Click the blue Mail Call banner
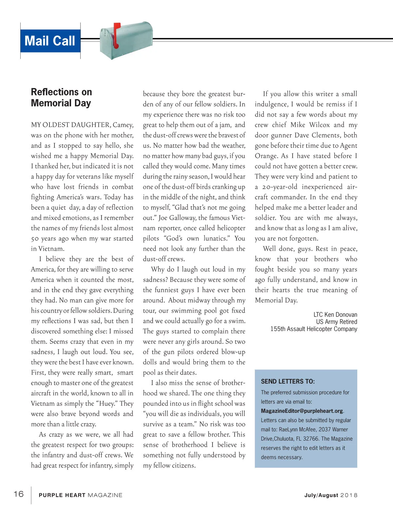[x=50, y=41]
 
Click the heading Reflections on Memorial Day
[x=61, y=98]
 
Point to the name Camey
[x=123, y=125]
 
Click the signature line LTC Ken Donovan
[x=335, y=315]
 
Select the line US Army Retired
[x=336, y=322]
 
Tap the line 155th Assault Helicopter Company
[x=313, y=329]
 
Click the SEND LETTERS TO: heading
[x=288, y=381]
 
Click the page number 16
[x=19, y=494]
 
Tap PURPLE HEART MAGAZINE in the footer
[x=80, y=495]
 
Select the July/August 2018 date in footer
[x=331, y=495]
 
